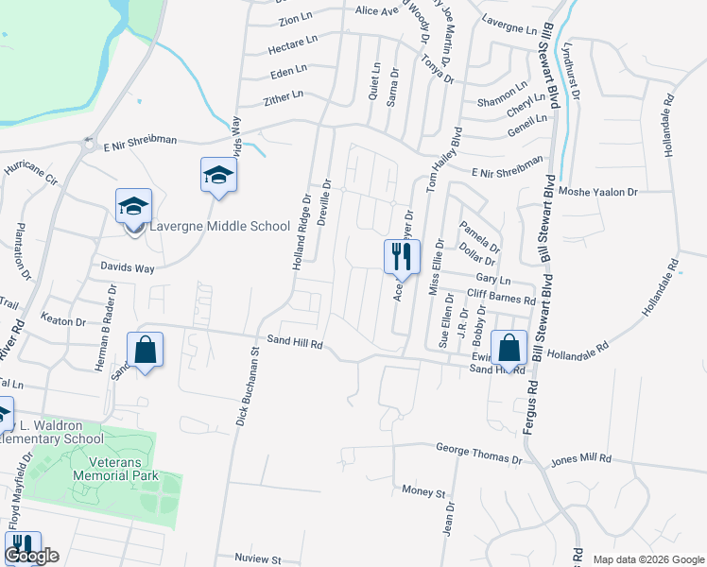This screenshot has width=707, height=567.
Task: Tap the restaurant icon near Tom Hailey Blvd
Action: pyautogui.click(x=401, y=256)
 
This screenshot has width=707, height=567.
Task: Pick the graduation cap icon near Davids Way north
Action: pyautogui.click(x=218, y=175)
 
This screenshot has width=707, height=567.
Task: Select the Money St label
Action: pyautogui.click(x=422, y=492)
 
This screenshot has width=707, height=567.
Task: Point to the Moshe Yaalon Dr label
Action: pyautogui.click(x=598, y=191)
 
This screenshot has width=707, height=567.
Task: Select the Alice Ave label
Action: pyautogui.click(x=376, y=11)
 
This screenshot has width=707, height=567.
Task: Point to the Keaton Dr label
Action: pyautogui.click(x=63, y=321)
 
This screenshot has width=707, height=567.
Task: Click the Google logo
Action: pyautogui.click(x=31, y=556)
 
